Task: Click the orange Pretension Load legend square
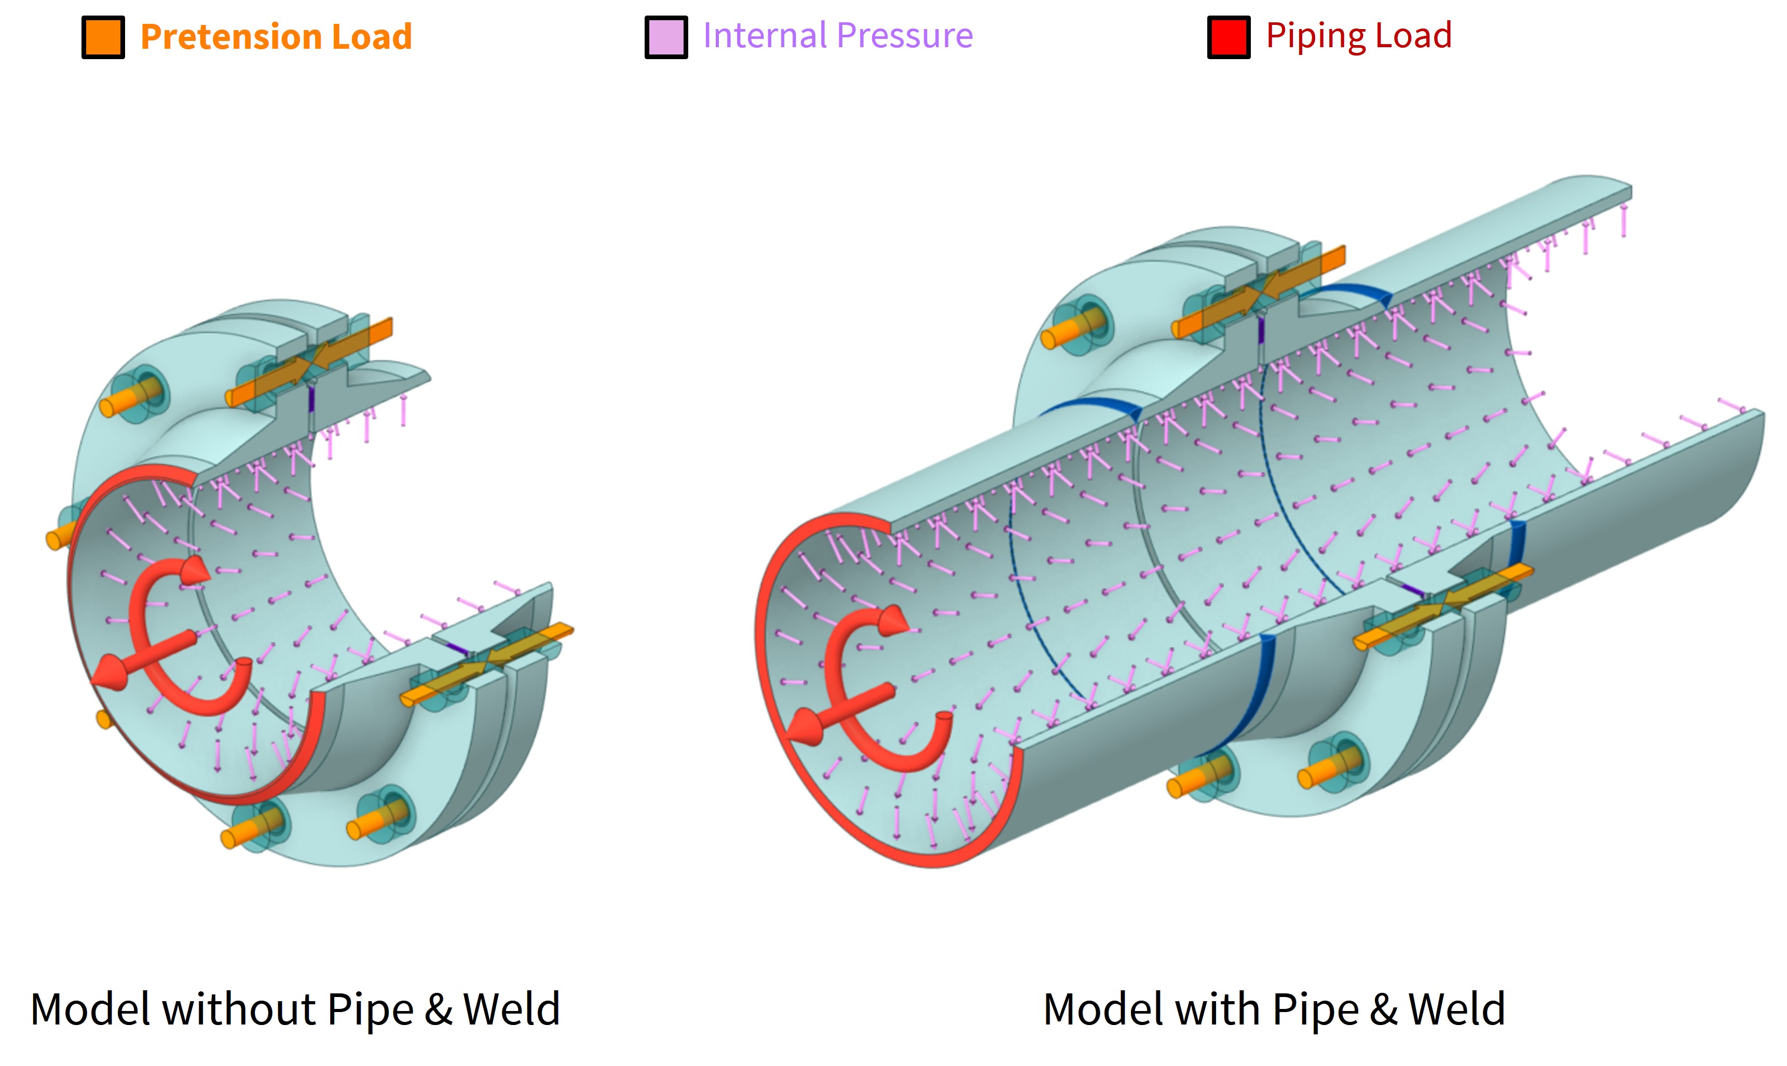(x=103, y=37)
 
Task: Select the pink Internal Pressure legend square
(x=665, y=37)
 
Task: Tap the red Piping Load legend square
(x=1228, y=37)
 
